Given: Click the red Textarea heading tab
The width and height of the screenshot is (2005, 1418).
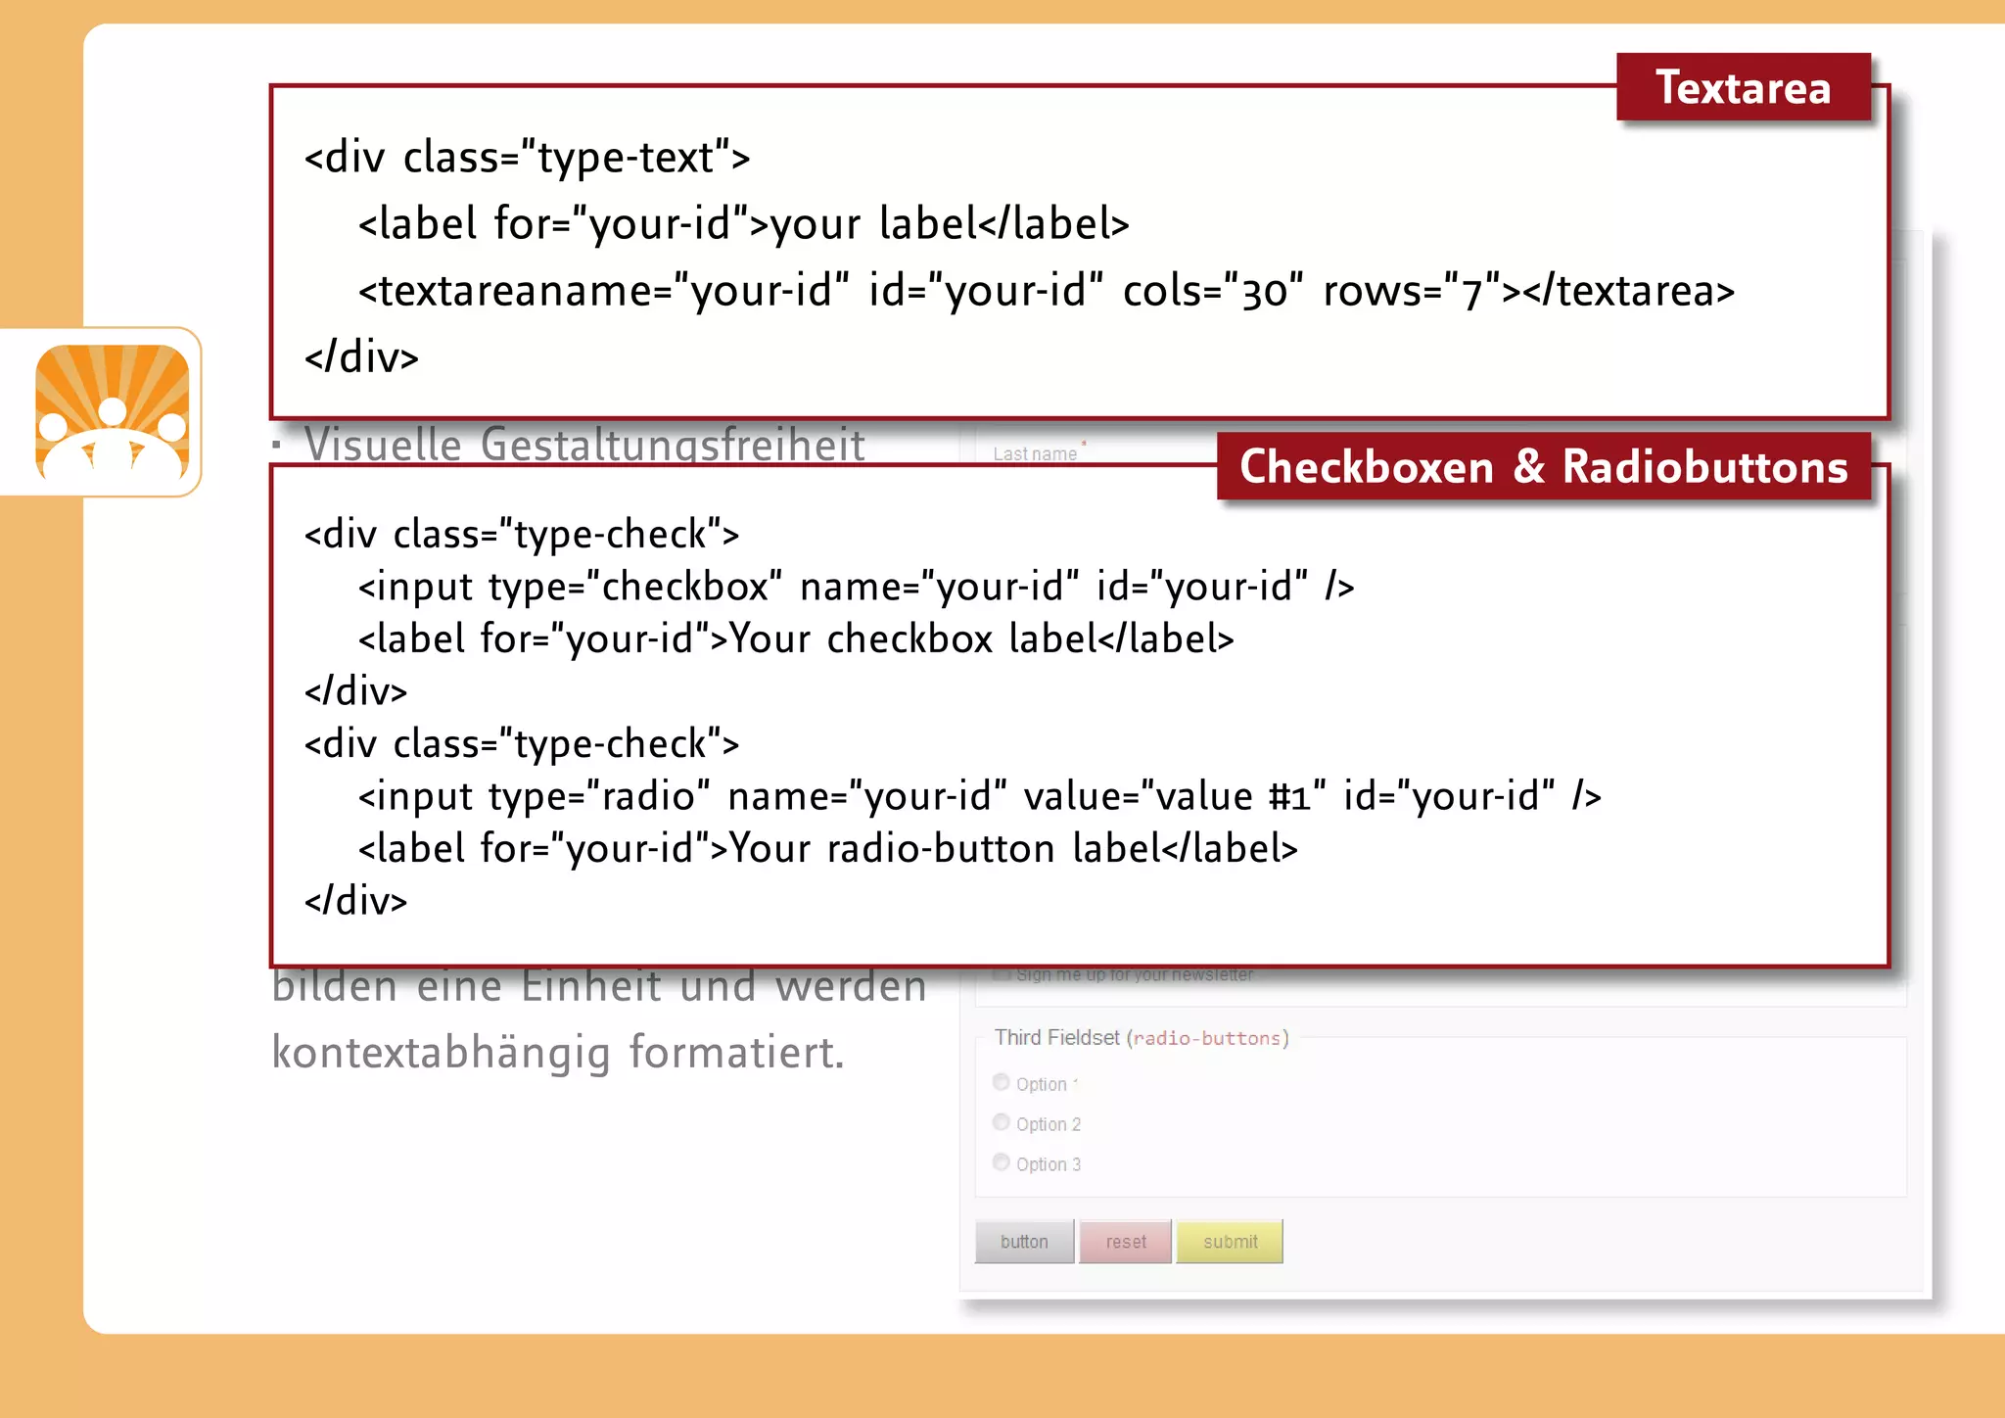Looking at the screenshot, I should [1743, 88].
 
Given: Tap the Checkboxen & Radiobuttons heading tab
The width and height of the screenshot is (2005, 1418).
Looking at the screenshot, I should [1543, 467].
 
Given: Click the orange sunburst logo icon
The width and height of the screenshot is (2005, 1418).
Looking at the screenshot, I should [113, 412].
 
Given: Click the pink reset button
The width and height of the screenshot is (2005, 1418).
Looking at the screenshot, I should [1125, 1242].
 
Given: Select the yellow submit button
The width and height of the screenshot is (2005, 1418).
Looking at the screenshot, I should [1230, 1242].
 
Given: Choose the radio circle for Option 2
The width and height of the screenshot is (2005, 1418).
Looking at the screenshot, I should [1001, 1122].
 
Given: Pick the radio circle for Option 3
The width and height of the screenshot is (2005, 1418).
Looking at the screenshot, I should [1001, 1162].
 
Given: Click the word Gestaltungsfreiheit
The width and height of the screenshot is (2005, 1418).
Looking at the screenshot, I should [673, 446].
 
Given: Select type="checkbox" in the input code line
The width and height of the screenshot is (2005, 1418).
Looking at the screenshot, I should [634, 587].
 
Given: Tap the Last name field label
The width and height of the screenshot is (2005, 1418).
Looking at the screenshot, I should [1035, 454].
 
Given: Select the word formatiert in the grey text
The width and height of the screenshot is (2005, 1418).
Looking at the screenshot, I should [736, 1053].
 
